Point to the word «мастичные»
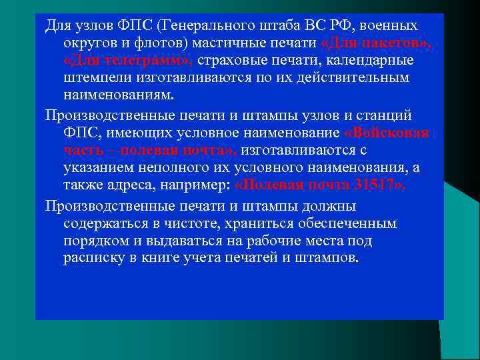[x=224, y=43]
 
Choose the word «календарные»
[x=373, y=61]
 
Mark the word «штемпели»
[x=94, y=78]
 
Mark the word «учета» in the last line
[x=197, y=257]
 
